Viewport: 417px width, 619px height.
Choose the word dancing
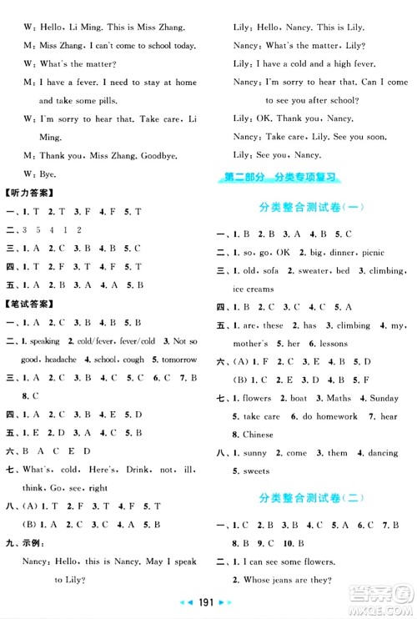(x=379, y=453)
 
